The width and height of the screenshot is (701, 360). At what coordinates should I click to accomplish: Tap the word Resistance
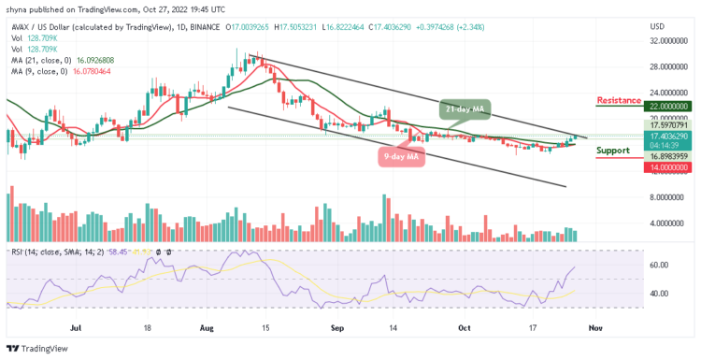pos(619,99)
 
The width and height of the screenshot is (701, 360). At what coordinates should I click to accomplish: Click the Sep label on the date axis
pos(336,329)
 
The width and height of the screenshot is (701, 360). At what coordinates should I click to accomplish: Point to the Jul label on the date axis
pos(75,329)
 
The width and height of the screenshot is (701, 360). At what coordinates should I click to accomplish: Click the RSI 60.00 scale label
pos(659,266)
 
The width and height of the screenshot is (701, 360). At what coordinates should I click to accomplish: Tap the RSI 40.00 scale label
pos(659,294)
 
